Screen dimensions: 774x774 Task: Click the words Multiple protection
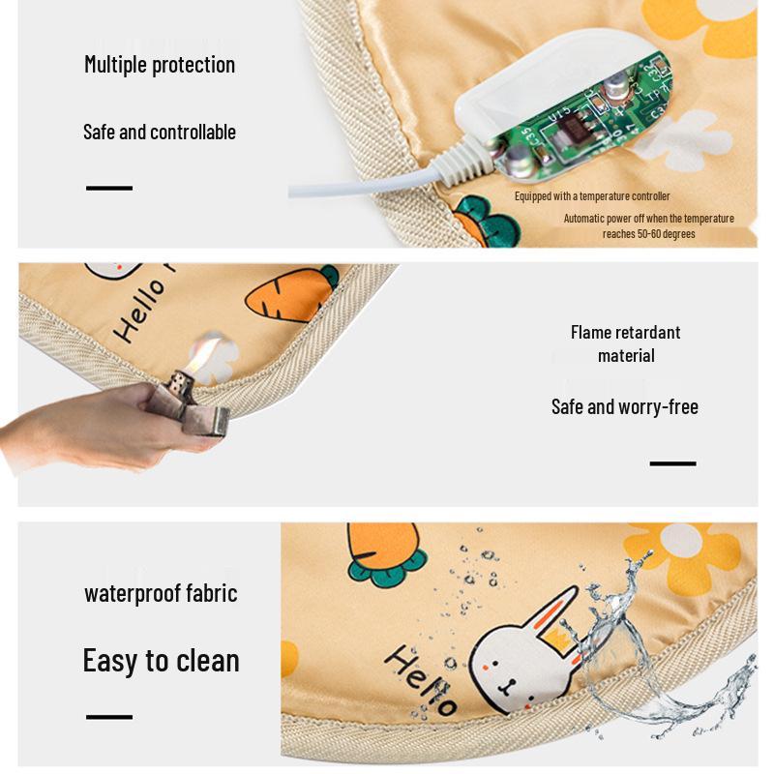point(160,65)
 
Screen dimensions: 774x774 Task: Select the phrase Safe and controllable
point(160,132)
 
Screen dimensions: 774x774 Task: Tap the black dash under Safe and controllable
point(109,188)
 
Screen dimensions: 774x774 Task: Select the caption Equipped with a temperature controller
point(592,196)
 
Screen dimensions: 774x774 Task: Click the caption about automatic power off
point(648,225)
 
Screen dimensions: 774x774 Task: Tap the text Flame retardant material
point(626,343)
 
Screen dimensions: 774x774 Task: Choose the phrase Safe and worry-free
point(625,406)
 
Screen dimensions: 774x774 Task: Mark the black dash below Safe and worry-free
point(672,463)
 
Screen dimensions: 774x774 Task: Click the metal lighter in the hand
point(202,406)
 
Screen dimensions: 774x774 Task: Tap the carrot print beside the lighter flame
point(290,294)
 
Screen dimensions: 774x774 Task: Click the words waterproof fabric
point(161,593)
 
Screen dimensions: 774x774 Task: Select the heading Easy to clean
point(161,661)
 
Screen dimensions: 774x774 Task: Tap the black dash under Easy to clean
point(109,717)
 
